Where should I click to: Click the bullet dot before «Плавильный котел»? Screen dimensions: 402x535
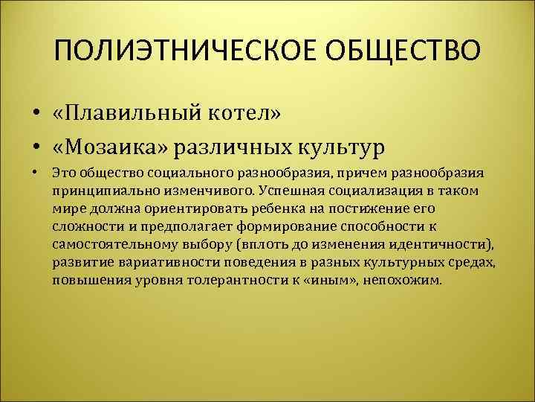click(36, 114)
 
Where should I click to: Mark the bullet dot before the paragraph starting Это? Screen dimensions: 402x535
click(36, 173)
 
